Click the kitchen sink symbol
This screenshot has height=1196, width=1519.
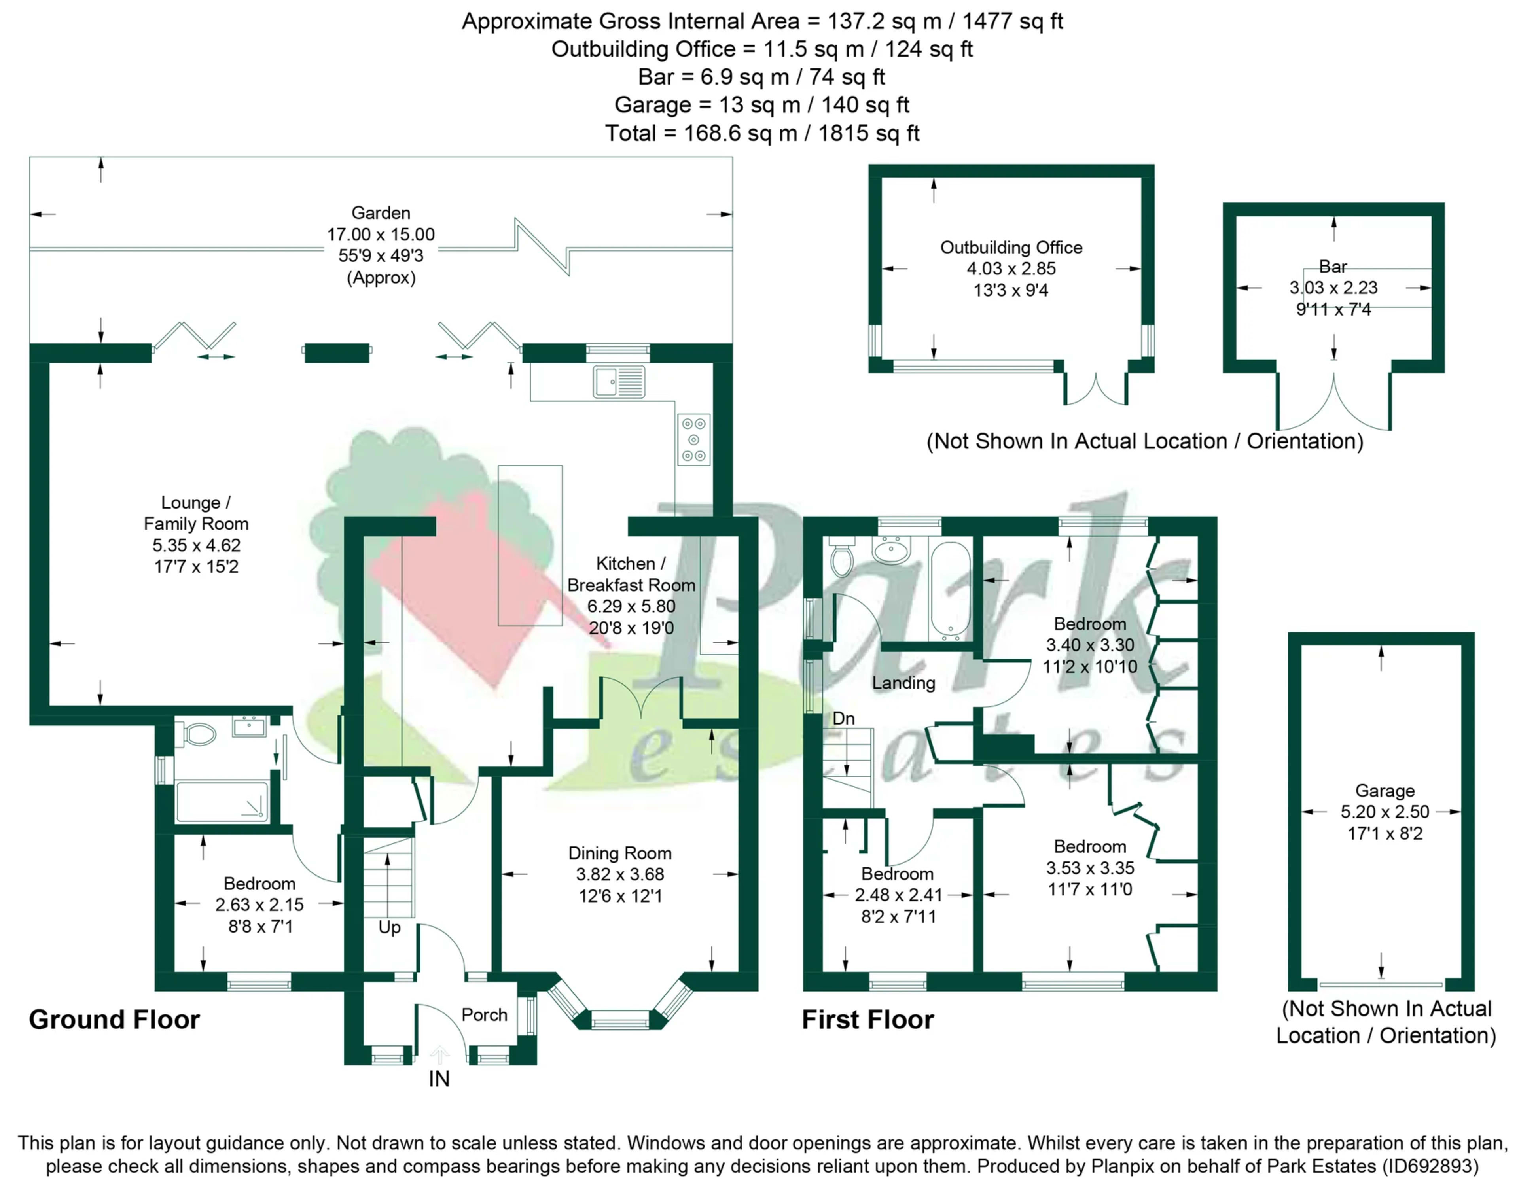click(618, 382)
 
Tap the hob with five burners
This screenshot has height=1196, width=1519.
click(693, 440)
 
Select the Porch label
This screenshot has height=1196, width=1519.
click(484, 1014)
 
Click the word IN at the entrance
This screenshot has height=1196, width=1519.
click(439, 1079)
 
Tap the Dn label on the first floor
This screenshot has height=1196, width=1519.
click(843, 719)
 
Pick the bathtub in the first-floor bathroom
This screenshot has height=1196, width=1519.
click(950, 590)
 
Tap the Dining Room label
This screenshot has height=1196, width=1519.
click(620, 853)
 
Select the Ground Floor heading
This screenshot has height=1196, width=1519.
click(114, 1020)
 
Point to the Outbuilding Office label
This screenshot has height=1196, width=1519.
click(1011, 247)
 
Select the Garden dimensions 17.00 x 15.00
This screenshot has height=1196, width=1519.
click(381, 235)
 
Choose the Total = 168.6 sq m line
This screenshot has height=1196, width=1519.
click(762, 133)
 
